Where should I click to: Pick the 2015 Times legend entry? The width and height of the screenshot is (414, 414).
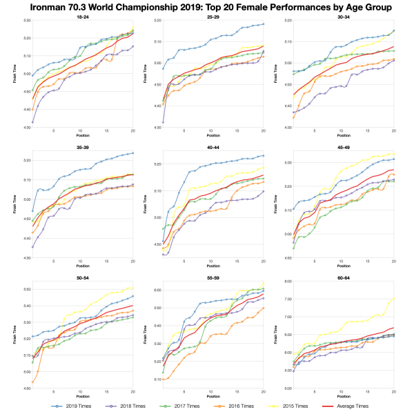point(295,406)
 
